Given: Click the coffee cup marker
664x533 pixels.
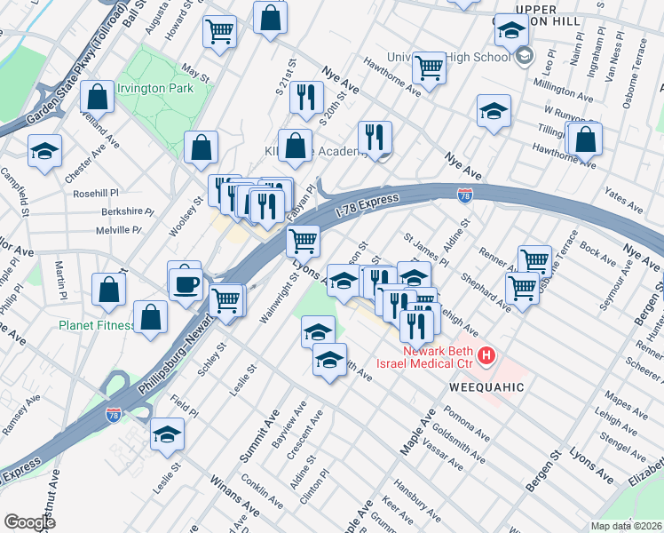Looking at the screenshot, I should tap(186, 285).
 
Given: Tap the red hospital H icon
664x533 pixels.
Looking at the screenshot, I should tap(486, 357).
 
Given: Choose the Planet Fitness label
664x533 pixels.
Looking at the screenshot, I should tap(96, 325).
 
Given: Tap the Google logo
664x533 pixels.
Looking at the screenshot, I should tap(29, 522).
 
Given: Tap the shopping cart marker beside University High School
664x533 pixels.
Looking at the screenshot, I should tap(429, 68).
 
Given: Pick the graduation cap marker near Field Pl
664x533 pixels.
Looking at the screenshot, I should tap(166, 434).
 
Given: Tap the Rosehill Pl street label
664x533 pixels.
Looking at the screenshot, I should tap(97, 193).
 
